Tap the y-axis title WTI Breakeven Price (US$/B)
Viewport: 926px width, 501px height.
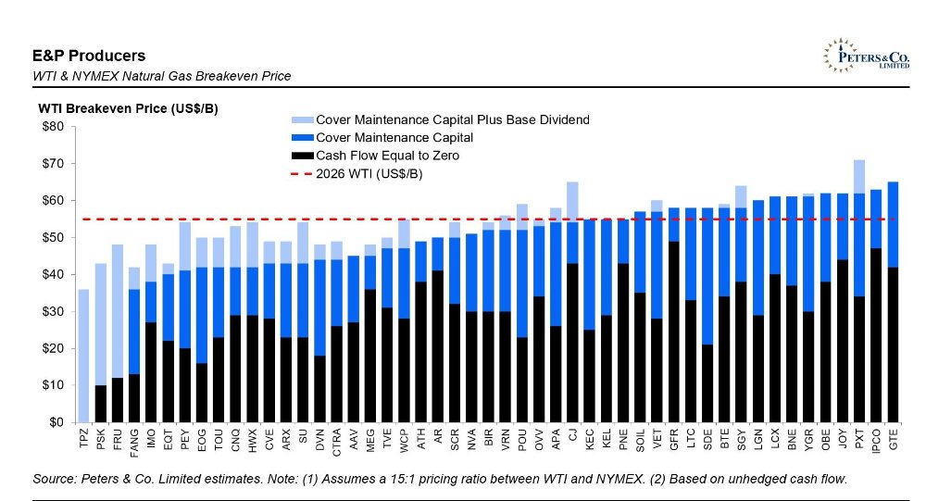128,108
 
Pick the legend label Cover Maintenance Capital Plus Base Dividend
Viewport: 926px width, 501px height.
453,119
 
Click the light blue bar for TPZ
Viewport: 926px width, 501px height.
84,356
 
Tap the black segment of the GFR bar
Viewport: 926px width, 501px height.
673,332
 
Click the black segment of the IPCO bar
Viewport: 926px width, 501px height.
876,335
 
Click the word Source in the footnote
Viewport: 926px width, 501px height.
55,479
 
